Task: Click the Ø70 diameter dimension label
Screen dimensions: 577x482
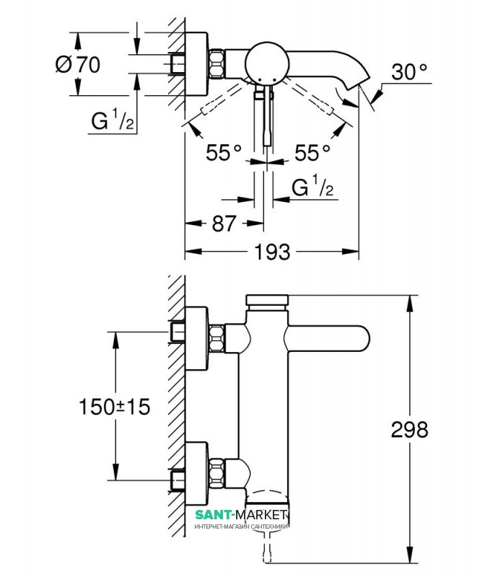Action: pyautogui.click(x=77, y=64)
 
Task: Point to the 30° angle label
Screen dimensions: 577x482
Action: pyautogui.click(x=409, y=71)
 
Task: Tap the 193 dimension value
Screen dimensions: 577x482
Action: pyautogui.click(x=273, y=252)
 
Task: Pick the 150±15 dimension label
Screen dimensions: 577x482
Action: pyautogui.click(x=113, y=407)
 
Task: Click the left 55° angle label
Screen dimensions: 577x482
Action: pyautogui.click(x=223, y=153)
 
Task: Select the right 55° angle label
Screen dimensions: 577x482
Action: pyautogui.click(x=312, y=153)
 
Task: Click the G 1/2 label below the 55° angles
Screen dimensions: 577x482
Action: pyautogui.click(x=312, y=188)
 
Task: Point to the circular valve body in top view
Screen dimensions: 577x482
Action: pyautogui.click(x=264, y=63)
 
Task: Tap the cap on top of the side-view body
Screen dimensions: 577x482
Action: pyautogui.click(x=267, y=300)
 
